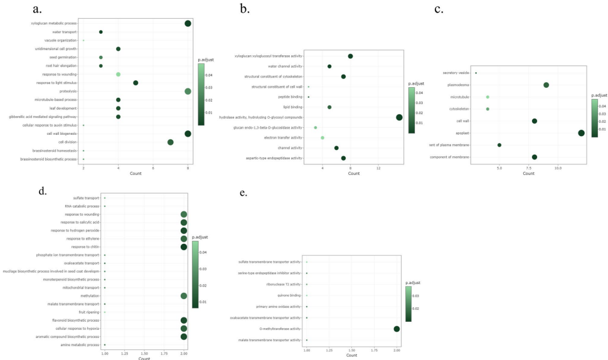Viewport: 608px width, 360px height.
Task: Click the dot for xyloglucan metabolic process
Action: pyautogui.click(x=188, y=23)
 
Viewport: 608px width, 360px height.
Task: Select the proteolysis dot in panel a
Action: pyautogui.click(x=188, y=92)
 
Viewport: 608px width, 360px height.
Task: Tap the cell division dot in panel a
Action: pyautogui.click(x=171, y=142)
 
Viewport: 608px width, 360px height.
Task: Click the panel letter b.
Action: pyautogui.click(x=245, y=9)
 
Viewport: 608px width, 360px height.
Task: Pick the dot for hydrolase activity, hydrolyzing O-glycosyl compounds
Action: pyautogui.click(x=399, y=117)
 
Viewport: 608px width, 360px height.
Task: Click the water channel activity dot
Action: pyautogui.click(x=329, y=66)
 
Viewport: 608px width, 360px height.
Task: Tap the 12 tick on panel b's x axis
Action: pyautogui.click(x=378, y=169)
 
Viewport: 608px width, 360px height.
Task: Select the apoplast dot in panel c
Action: pyautogui.click(x=581, y=133)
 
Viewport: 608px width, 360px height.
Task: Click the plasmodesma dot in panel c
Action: pyautogui.click(x=546, y=85)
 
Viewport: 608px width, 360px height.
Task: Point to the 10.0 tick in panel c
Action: pyautogui.click(x=558, y=168)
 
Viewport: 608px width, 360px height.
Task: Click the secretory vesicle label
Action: pyautogui.click(x=456, y=73)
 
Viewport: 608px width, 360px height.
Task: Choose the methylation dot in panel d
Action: pyautogui.click(x=183, y=296)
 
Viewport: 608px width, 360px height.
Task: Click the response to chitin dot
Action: pyautogui.click(x=183, y=247)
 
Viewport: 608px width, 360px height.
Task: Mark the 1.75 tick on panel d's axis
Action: pyautogui.click(x=164, y=354)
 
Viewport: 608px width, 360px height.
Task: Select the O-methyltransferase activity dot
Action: pyautogui.click(x=397, y=329)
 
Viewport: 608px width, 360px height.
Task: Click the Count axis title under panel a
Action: pyautogui.click(x=136, y=174)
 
